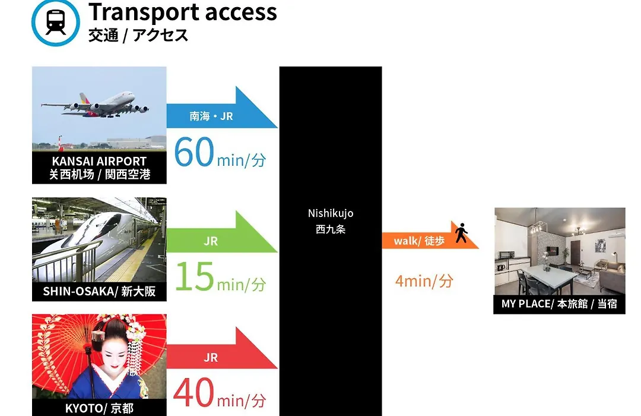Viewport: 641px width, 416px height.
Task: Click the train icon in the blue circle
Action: [56, 22]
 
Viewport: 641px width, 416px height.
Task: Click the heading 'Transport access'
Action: [183, 11]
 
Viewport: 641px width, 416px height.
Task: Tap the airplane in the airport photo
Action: [95, 105]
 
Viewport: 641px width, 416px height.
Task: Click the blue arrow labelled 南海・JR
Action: [222, 108]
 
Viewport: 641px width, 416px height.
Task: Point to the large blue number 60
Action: [193, 152]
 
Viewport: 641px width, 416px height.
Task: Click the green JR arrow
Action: [222, 232]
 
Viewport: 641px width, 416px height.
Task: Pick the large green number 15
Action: [195, 276]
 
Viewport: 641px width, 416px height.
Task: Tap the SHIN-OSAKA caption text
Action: [99, 291]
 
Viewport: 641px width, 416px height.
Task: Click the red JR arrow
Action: [222, 348]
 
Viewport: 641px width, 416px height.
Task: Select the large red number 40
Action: [193, 392]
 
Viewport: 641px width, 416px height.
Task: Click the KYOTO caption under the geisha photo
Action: [99, 408]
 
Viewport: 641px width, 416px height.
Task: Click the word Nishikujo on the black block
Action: [331, 213]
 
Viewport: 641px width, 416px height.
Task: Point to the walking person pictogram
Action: [462, 232]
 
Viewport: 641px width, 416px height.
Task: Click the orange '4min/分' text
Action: [424, 281]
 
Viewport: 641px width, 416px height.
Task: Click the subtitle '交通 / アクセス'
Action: [138, 35]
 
